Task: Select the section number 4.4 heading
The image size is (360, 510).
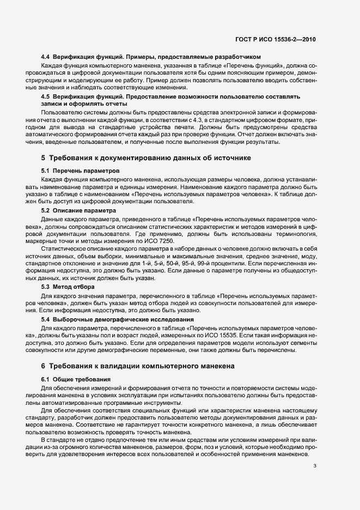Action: click(46, 57)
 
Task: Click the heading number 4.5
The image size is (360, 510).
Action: click(46, 96)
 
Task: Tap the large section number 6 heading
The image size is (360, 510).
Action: click(44, 366)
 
